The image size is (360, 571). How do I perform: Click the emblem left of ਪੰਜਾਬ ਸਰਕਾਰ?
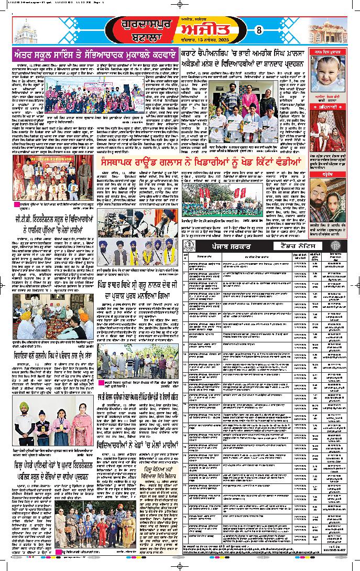189,245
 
